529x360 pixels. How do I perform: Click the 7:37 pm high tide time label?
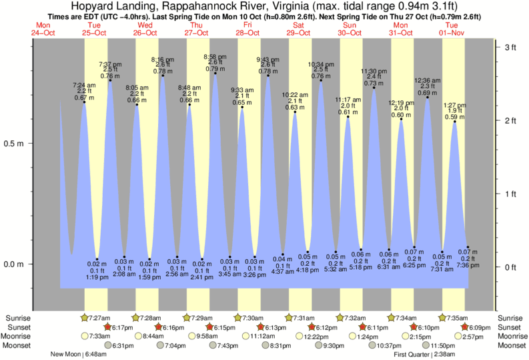pyautogui.click(x=109, y=63)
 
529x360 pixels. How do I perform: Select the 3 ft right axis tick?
pyautogui.click(x=510, y=47)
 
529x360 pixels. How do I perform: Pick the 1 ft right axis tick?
pyautogui.click(x=510, y=194)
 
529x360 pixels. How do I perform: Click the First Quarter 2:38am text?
pyautogui.click(x=424, y=355)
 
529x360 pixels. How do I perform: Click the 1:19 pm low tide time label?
pyautogui.click(x=97, y=277)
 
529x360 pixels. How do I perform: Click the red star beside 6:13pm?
pyautogui.click(x=261, y=327)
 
